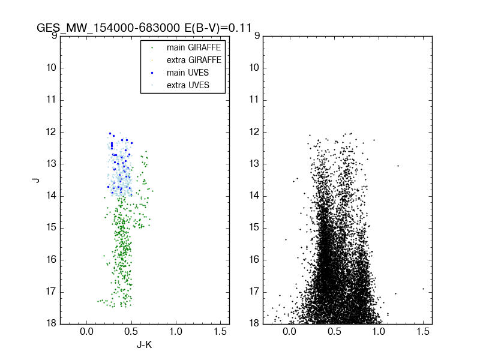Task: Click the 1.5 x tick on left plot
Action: coord(220,331)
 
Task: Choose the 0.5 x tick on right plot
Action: coord(334,331)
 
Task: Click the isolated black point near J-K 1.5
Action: coord(423,289)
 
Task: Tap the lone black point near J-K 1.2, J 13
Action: coord(398,166)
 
